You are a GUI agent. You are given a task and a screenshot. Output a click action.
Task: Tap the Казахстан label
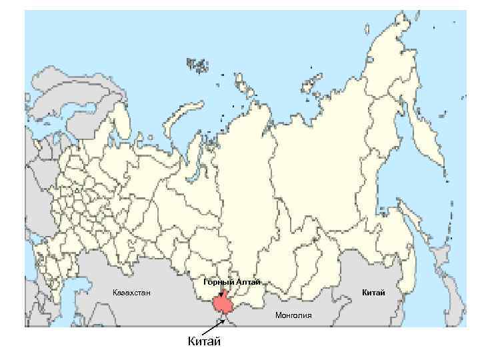pyautogui.click(x=132, y=293)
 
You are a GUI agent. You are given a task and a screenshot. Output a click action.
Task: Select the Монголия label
pyautogui.click(x=293, y=315)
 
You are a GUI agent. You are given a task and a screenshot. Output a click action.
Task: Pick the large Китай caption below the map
pyautogui.click(x=203, y=342)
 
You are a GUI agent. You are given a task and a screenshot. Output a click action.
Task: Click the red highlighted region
pyautogui.click(x=222, y=305)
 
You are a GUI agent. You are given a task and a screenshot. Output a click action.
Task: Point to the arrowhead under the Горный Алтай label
pyautogui.click(x=221, y=294)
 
